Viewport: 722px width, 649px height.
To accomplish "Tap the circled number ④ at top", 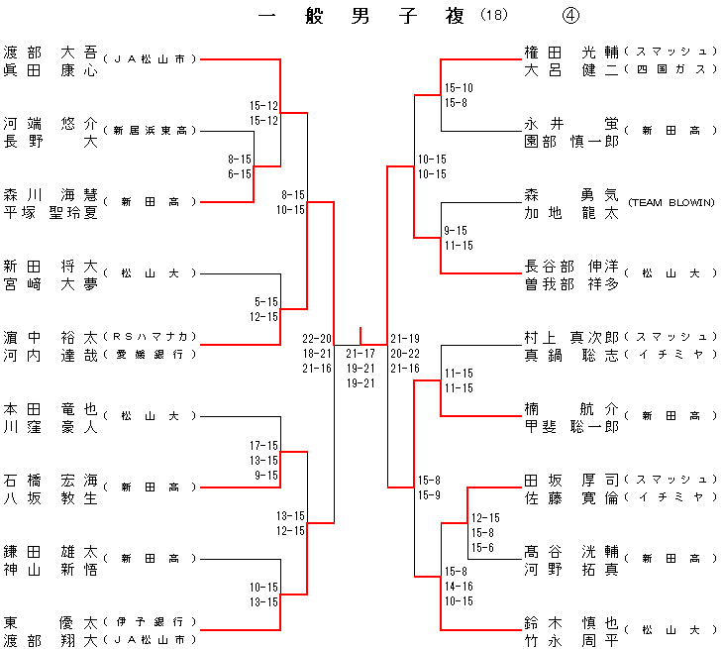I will [x=570, y=16].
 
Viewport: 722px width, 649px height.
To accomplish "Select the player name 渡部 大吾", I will [x=50, y=52].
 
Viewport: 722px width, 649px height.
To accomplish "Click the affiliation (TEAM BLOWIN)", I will [x=670, y=203].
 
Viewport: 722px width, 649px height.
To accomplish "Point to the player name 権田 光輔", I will [x=571, y=52].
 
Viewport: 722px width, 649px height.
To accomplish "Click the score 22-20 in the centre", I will [x=318, y=338].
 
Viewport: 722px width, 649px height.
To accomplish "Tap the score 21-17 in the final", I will [x=361, y=353].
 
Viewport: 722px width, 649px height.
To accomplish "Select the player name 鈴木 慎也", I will [x=571, y=622].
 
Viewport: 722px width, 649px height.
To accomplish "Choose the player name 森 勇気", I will [x=571, y=195].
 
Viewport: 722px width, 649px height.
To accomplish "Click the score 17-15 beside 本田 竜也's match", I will [x=264, y=446].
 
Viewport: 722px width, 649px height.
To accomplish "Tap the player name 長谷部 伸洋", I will [x=571, y=266].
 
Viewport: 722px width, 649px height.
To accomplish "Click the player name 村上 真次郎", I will [x=571, y=337].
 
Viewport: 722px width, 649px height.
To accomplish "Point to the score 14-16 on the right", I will [x=459, y=587].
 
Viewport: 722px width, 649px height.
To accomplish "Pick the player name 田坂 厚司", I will [x=571, y=480].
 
